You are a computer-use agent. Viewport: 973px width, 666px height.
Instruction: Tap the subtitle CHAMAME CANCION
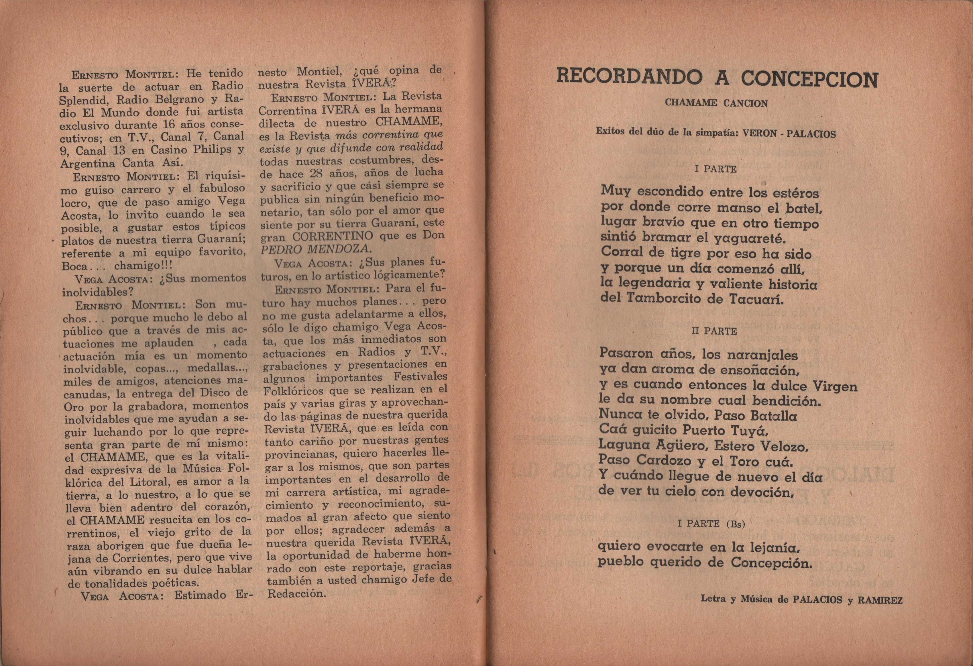click(716, 103)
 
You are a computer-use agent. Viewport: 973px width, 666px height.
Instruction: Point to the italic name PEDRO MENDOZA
click(316, 249)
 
